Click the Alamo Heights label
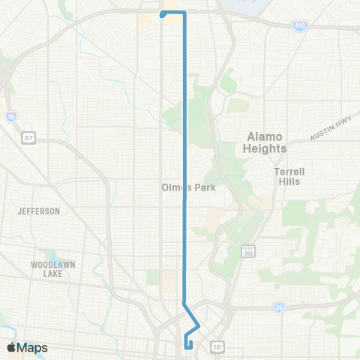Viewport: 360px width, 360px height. click(x=265, y=142)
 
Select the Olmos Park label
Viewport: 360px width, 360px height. click(x=188, y=187)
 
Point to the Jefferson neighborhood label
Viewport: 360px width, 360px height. click(x=39, y=211)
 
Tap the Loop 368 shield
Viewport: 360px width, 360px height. click(x=247, y=250)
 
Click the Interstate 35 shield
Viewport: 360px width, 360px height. click(x=280, y=307)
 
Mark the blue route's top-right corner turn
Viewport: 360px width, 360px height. click(x=184, y=13)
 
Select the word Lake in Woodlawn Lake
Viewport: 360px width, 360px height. click(x=51, y=275)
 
